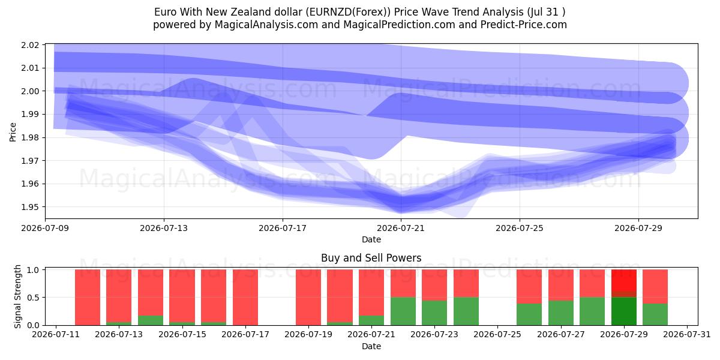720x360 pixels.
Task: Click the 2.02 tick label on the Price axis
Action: click(x=30, y=45)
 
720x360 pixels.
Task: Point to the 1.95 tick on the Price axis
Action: click(x=30, y=207)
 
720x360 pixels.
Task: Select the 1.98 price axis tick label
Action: click(x=30, y=137)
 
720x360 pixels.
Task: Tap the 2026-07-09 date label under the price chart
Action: click(x=46, y=228)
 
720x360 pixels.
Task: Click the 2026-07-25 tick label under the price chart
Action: click(x=520, y=228)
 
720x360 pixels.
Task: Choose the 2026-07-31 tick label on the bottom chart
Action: click(x=687, y=334)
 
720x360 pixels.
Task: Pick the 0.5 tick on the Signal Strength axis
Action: click(x=33, y=298)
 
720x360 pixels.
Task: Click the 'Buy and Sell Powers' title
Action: click(x=371, y=258)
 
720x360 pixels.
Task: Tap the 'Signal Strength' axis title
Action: click(x=17, y=296)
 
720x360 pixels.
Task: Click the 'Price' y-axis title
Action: click(x=13, y=132)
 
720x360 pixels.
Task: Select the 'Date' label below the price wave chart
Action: click(x=371, y=239)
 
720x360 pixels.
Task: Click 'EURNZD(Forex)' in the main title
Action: click(x=348, y=12)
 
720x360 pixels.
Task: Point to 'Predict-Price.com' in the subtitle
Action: click(x=524, y=25)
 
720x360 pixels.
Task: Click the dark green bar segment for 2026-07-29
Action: click(x=623, y=311)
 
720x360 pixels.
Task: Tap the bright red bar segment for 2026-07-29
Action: click(x=623, y=280)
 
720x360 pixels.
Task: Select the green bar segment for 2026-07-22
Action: click(x=403, y=311)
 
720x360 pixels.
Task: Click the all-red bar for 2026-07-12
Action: click(x=88, y=298)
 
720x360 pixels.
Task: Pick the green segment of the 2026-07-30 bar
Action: click(x=655, y=314)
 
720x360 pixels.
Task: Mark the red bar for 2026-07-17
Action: click(x=245, y=298)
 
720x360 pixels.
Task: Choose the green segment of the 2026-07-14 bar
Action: click(x=151, y=320)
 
